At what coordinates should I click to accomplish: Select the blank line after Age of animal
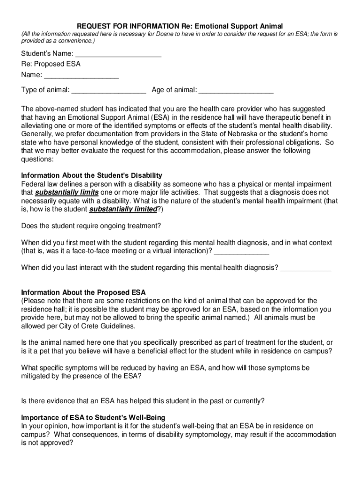point(236,90)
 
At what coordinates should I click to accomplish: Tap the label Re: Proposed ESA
point(50,64)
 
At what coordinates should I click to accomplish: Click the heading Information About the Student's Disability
point(92,175)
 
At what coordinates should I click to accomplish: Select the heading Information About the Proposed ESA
point(83,292)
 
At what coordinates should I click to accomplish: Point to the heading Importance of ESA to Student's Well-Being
point(93,417)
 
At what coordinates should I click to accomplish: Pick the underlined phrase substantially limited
point(123,209)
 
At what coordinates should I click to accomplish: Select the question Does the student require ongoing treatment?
point(91,226)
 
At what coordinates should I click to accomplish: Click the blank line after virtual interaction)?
point(241,251)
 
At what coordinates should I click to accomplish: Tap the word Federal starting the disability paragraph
point(33,184)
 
